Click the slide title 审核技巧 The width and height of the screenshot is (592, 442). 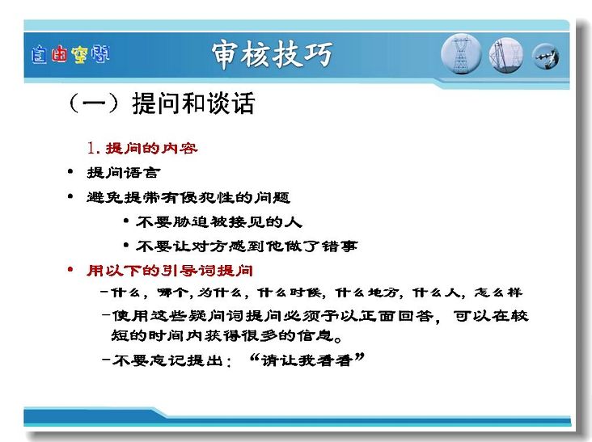272,54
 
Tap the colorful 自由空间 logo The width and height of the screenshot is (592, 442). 70,54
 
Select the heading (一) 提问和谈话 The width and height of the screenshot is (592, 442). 161,103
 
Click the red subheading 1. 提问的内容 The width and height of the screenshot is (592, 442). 142,148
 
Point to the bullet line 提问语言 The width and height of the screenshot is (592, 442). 124,173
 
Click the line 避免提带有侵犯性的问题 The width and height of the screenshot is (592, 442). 188,197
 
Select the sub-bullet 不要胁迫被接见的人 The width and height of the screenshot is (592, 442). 219,221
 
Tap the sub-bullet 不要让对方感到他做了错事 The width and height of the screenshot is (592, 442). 247,246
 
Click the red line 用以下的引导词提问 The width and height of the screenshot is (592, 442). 170,271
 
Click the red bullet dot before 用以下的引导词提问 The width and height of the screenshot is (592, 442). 70,269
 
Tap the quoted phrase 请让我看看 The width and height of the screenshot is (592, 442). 307,360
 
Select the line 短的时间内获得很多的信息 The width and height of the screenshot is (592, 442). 226,335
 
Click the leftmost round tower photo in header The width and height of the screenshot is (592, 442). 461,54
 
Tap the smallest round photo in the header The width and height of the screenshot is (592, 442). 546,57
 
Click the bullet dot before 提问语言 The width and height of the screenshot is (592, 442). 70,172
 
